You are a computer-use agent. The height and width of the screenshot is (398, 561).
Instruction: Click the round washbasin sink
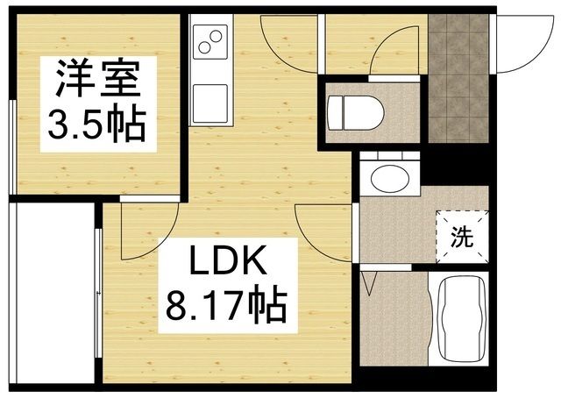point(388,177)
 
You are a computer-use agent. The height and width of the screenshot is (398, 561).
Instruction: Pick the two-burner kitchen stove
point(209,41)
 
